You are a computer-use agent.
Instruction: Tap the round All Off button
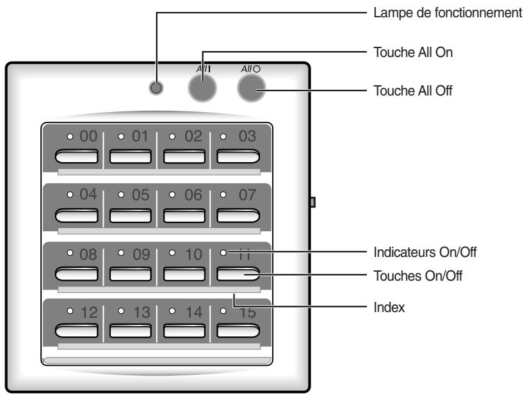click(251, 88)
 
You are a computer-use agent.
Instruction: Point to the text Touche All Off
click(412, 90)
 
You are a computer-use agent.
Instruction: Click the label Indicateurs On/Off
click(424, 251)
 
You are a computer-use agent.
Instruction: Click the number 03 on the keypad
click(247, 136)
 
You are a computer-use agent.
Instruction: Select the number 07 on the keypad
click(247, 194)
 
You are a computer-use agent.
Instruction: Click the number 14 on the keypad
click(193, 313)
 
